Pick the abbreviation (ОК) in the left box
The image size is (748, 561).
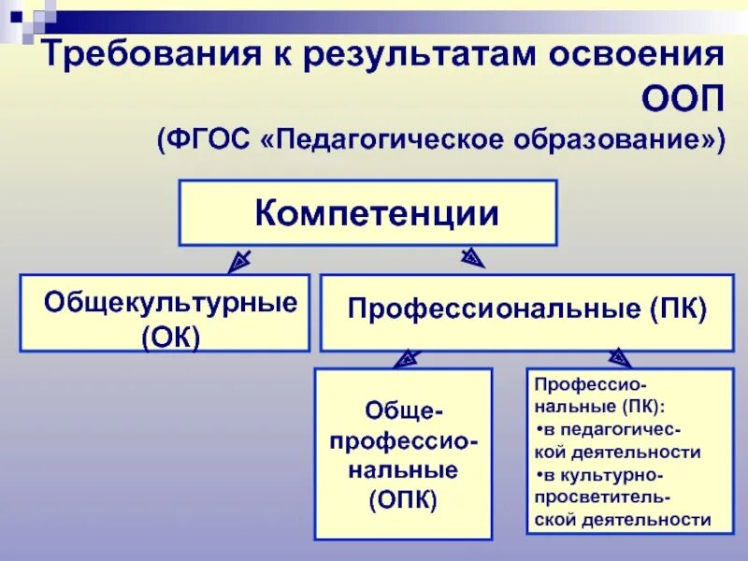[172, 335]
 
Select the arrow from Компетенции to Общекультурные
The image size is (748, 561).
[238, 259]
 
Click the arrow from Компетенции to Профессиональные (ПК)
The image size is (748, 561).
[472, 256]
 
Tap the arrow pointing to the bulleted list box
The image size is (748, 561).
[619, 355]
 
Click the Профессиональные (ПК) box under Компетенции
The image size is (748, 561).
[526, 311]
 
